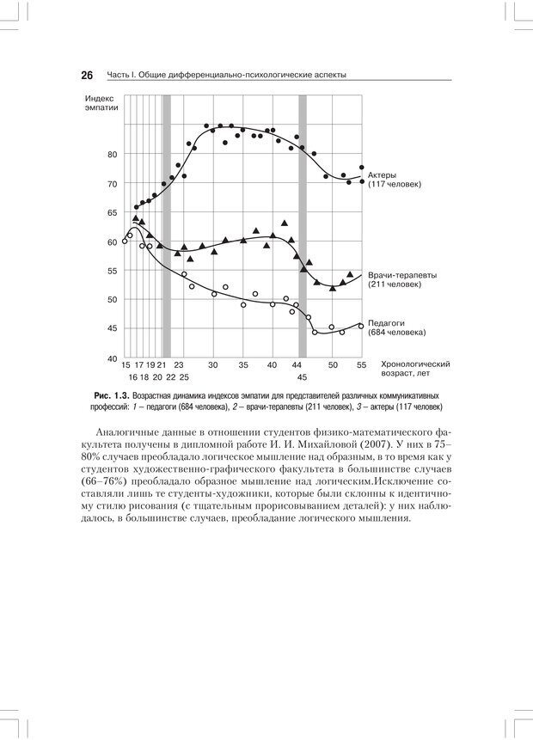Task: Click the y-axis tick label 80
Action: pos(111,155)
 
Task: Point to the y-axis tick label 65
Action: pos(111,212)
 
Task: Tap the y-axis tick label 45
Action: pos(111,328)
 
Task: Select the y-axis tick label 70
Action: pos(111,184)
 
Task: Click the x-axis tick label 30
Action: pos(213,364)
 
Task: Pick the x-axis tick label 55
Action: pos(360,364)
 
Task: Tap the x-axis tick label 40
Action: pos(273,364)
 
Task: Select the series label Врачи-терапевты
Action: pos(402,275)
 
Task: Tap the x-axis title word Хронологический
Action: pos(416,364)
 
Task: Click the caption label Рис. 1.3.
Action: pos(113,394)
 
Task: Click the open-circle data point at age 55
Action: pos(361,326)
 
